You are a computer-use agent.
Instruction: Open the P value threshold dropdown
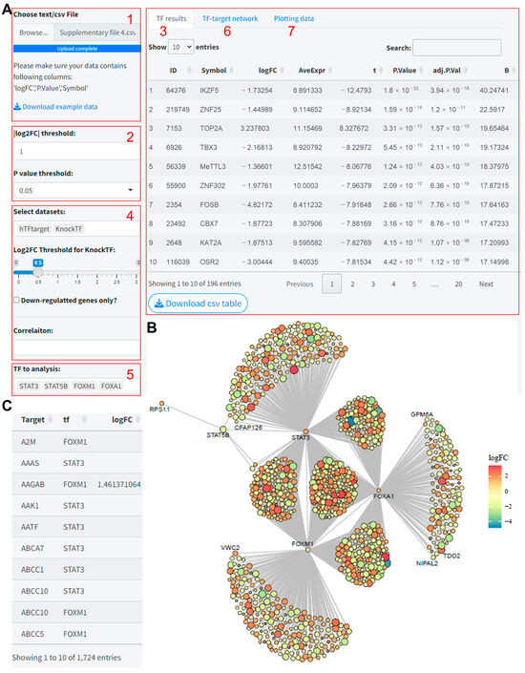pos(74,190)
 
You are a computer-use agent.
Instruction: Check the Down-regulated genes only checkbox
pos(17,301)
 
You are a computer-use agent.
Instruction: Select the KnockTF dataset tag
pos(68,230)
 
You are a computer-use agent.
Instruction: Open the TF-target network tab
pos(229,18)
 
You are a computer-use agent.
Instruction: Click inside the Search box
pos(456,47)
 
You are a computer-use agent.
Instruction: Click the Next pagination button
pos(486,284)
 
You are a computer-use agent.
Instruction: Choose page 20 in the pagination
pos(458,284)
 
